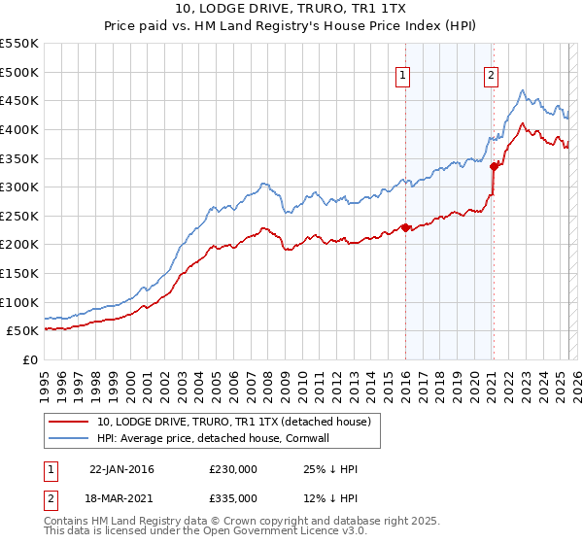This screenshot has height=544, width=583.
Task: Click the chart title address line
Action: point(291,9)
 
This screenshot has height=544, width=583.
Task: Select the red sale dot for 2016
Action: point(405,228)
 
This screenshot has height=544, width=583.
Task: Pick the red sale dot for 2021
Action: point(494,166)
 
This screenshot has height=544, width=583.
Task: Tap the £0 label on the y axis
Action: point(30,359)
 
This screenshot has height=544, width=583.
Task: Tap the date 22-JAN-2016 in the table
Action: point(121,469)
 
